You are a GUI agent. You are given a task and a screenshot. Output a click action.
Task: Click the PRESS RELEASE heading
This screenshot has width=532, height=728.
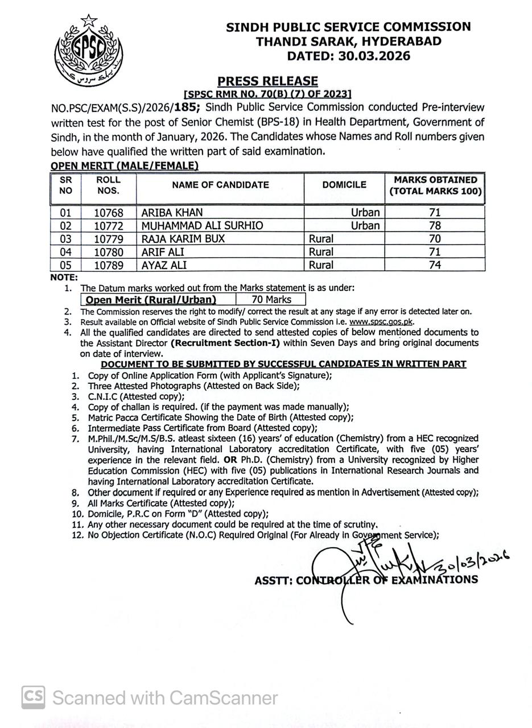(x=267, y=81)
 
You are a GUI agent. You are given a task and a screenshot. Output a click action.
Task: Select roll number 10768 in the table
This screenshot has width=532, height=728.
(x=108, y=213)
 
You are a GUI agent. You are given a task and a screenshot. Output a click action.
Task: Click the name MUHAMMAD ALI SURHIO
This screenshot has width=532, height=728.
(x=202, y=226)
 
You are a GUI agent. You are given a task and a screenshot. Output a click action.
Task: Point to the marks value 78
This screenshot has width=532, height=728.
(x=435, y=226)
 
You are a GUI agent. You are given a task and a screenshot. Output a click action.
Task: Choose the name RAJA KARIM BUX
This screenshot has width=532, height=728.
(x=183, y=239)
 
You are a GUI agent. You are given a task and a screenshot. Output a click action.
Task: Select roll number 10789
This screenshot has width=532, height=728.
(x=108, y=265)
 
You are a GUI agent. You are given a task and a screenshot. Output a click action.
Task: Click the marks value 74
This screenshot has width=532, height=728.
(x=435, y=265)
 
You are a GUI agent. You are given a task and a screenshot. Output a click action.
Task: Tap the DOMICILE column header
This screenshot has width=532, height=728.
(x=344, y=185)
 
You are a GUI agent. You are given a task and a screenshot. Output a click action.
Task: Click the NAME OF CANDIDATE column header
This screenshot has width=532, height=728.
(x=220, y=185)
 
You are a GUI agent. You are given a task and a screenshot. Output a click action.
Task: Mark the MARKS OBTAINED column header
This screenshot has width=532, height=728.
(x=435, y=185)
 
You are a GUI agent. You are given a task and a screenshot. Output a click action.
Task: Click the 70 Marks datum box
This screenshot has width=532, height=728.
(x=271, y=300)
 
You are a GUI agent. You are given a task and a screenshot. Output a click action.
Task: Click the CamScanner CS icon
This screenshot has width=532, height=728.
(x=34, y=697)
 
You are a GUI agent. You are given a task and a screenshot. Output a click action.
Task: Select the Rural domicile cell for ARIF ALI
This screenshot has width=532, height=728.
(x=321, y=252)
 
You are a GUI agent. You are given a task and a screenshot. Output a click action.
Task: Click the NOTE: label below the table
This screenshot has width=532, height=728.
(x=64, y=277)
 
